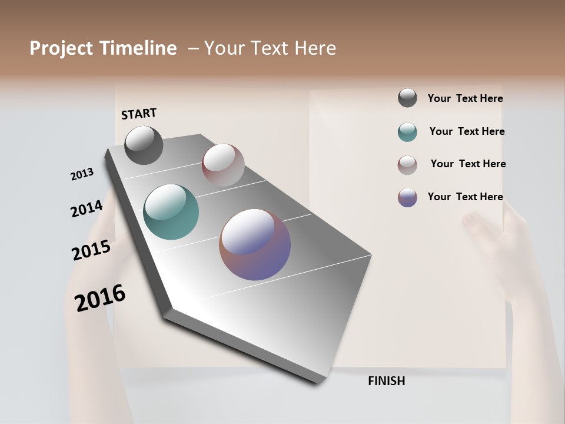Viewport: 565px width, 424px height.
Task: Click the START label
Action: point(139,114)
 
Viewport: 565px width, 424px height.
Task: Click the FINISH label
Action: point(387,381)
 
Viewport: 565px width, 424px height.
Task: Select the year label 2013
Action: point(82,174)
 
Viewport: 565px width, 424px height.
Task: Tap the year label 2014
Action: point(87,209)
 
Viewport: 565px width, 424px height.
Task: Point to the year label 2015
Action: point(91,250)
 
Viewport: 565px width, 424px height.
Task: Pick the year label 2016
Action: point(100,298)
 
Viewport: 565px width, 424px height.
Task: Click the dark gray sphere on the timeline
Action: point(144,145)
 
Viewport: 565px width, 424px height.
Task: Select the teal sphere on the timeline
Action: point(171,212)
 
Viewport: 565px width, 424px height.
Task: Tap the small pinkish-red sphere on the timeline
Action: point(223,164)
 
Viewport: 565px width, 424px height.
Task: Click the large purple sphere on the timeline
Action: point(255,244)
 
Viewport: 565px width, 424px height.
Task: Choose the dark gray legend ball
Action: point(407,98)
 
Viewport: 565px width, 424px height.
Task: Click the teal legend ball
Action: point(407,132)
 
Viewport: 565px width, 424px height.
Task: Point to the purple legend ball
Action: point(407,197)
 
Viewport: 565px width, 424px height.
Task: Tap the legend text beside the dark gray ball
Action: point(465,99)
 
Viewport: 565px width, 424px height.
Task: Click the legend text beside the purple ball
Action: point(465,197)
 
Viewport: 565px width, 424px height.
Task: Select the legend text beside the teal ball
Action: point(467,131)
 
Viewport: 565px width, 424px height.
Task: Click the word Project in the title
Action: point(62,48)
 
